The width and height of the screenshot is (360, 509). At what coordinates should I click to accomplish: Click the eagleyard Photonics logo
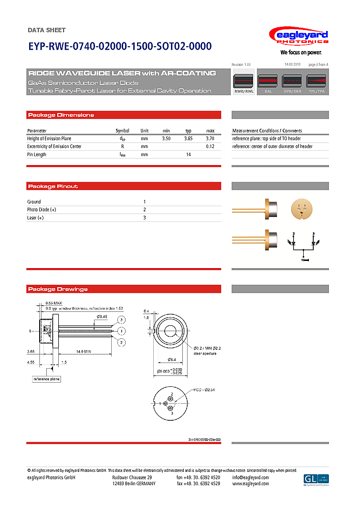coord(298,38)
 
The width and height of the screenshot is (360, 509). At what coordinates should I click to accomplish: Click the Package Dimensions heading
coord(61,115)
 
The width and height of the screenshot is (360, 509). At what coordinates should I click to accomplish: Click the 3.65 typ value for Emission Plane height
coord(189,138)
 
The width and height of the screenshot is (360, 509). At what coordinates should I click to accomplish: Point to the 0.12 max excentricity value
coord(210,146)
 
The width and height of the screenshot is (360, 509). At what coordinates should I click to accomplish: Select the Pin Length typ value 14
coord(189,155)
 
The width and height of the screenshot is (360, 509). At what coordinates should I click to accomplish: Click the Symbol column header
coord(122,131)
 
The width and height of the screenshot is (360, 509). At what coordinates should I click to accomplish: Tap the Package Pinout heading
coord(53,186)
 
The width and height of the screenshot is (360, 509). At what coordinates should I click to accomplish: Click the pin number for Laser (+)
coord(145,218)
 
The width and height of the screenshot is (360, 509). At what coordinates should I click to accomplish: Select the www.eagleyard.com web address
coord(251,484)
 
